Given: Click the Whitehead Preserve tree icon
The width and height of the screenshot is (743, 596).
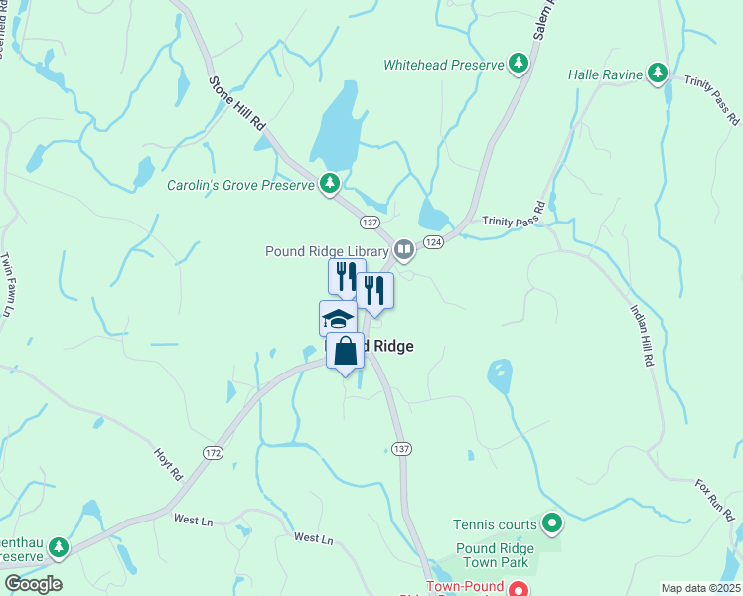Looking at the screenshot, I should click(518, 64).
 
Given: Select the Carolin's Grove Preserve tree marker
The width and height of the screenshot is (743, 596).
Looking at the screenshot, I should click(330, 184).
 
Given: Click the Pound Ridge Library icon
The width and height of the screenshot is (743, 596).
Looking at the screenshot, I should click(403, 250).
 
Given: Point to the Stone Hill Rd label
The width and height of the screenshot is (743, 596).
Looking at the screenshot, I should click(236, 103).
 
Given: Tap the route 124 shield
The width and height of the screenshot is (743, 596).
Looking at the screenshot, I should click(433, 241).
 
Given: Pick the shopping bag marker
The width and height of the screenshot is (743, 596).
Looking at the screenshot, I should click(345, 351).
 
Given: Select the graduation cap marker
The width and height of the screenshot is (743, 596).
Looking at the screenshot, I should click(338, 319).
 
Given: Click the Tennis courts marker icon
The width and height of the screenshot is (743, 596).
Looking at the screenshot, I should click(552, 523).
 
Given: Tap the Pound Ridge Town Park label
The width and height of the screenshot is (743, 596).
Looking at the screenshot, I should click(495, 555).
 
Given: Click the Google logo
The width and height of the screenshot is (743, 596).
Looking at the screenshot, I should click(33, 583).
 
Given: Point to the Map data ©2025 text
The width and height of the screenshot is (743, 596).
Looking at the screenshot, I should click(700, 588).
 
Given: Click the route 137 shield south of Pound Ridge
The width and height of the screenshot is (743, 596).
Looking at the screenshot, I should click(399, 448).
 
